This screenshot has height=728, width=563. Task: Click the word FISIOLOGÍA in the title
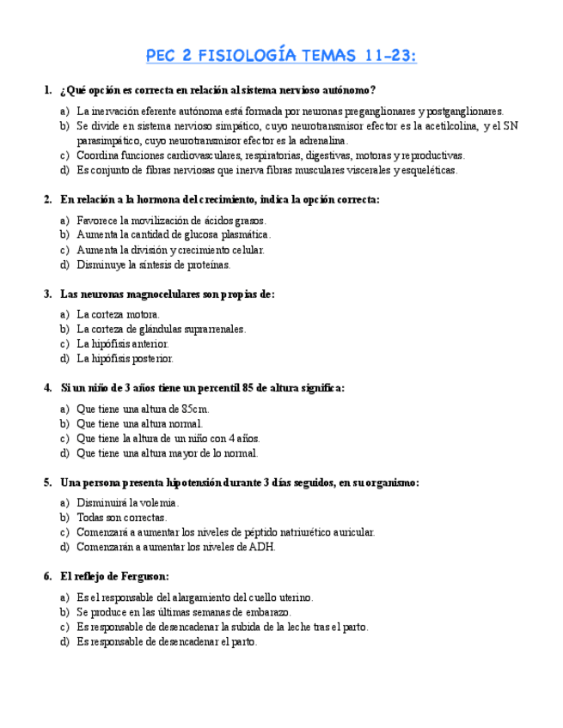(248, 56)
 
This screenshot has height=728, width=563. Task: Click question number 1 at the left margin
(47, 90)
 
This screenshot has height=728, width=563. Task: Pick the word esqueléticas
(429, 170)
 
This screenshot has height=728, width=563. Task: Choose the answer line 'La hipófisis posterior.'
(125, 359)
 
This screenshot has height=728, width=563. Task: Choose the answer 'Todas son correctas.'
(121, 518)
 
